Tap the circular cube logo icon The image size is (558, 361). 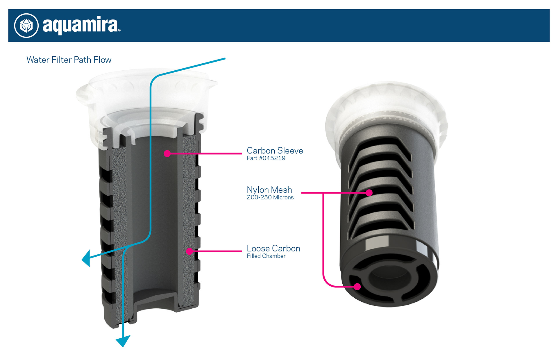coord(26,26)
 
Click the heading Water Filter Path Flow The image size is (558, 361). coord(69,60)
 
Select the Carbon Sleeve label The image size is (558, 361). coord(275,151)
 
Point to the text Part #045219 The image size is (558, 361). coord(266,158)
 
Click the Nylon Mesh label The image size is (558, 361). coord(269,190)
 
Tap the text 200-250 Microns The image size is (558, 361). coord(270,198)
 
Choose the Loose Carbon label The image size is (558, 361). coord(273,249)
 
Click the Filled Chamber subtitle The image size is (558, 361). coord(266,256)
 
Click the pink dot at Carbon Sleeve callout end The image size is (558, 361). coord(167,153)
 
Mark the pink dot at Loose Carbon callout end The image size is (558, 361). coord(189,251)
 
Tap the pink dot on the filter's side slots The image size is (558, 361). coord(369,193)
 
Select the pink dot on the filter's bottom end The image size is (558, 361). coord(357,287)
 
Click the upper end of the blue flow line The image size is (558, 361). coord(225,59)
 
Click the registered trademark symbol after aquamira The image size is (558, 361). coord(119,30)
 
